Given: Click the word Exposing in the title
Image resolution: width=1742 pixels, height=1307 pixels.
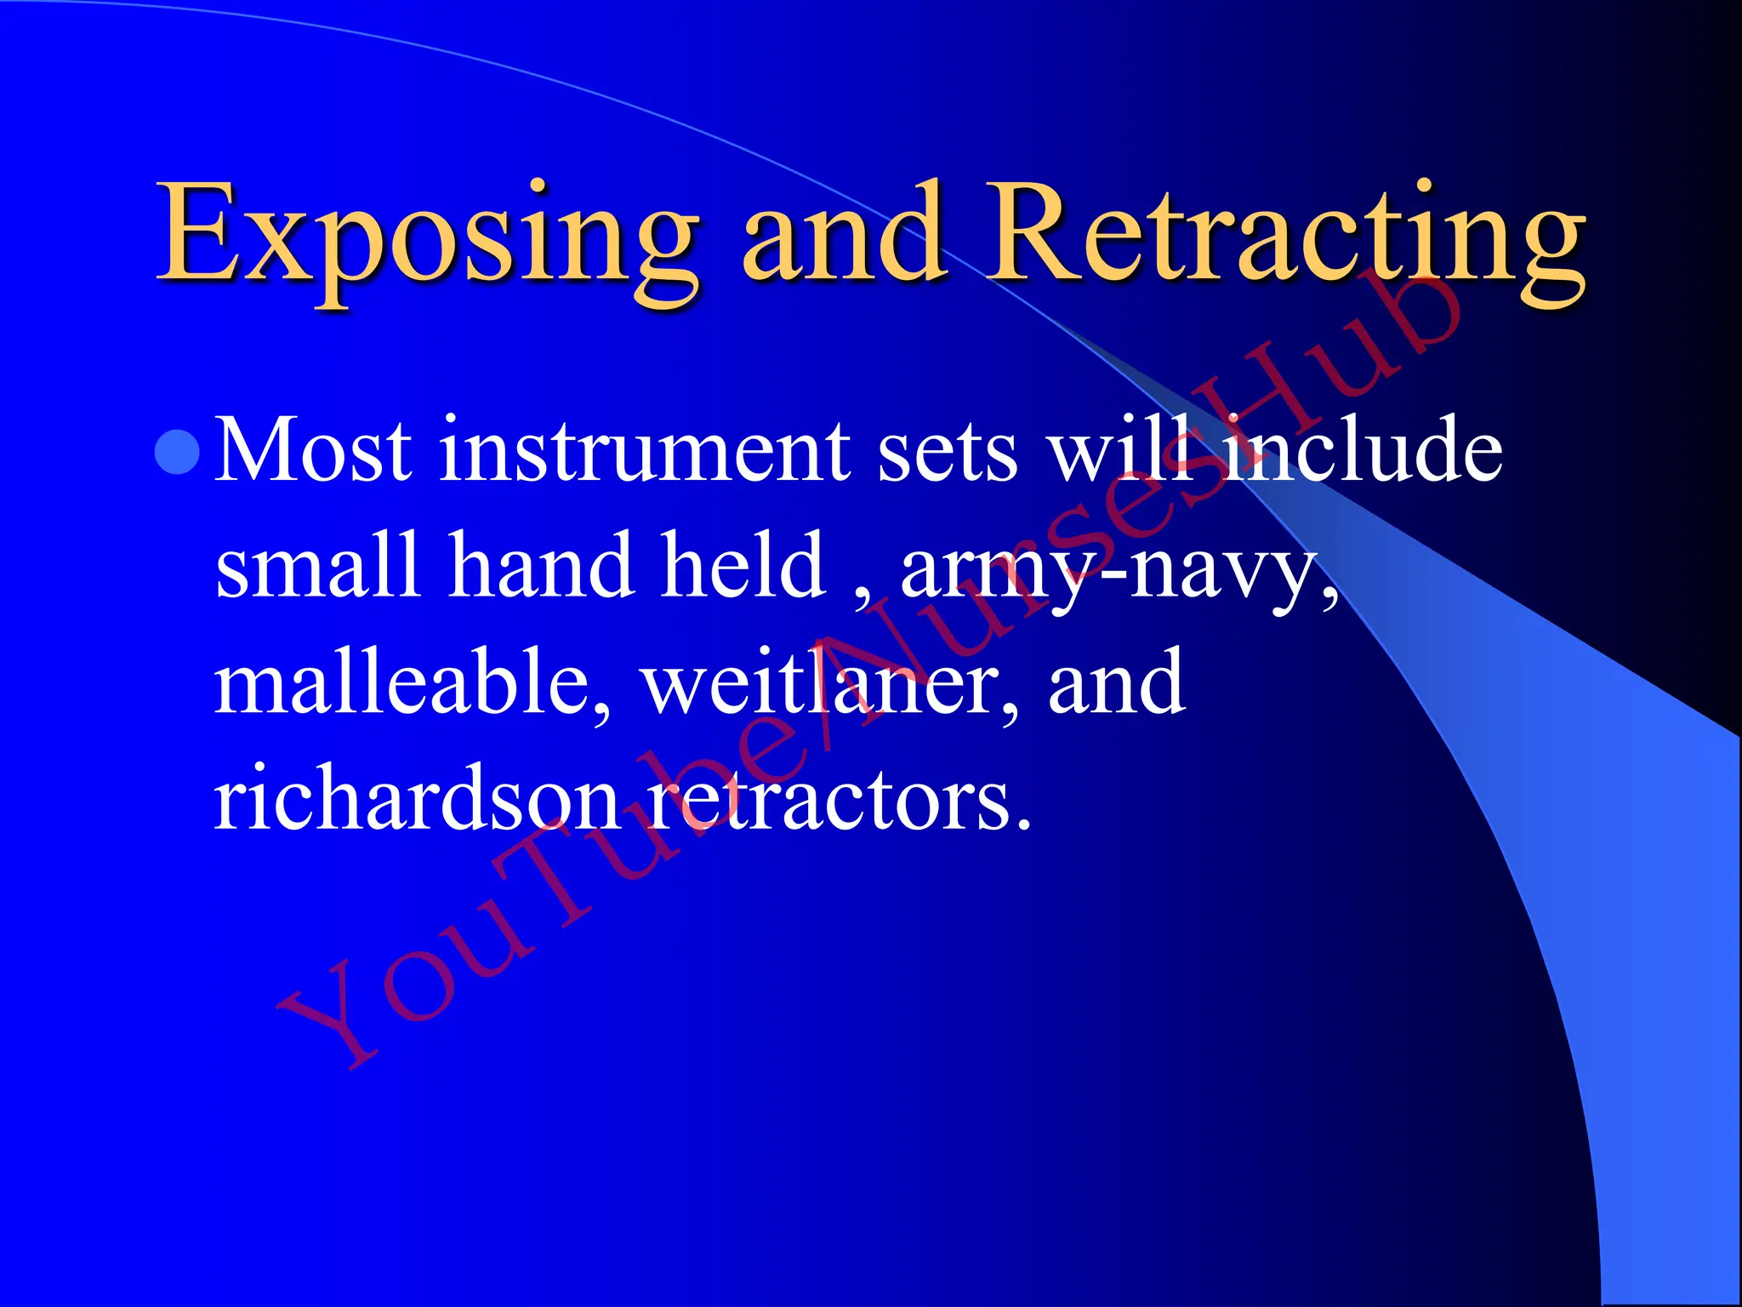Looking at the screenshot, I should [425, 234].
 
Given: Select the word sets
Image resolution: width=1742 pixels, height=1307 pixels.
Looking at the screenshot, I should [947, 451].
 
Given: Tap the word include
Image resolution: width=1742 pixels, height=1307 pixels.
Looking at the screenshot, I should [1361, 451].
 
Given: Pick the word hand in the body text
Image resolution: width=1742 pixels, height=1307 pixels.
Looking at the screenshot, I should [541, 566].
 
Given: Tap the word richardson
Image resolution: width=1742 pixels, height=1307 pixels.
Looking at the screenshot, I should [417, 800].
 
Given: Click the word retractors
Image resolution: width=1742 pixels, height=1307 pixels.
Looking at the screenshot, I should [838, 800].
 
